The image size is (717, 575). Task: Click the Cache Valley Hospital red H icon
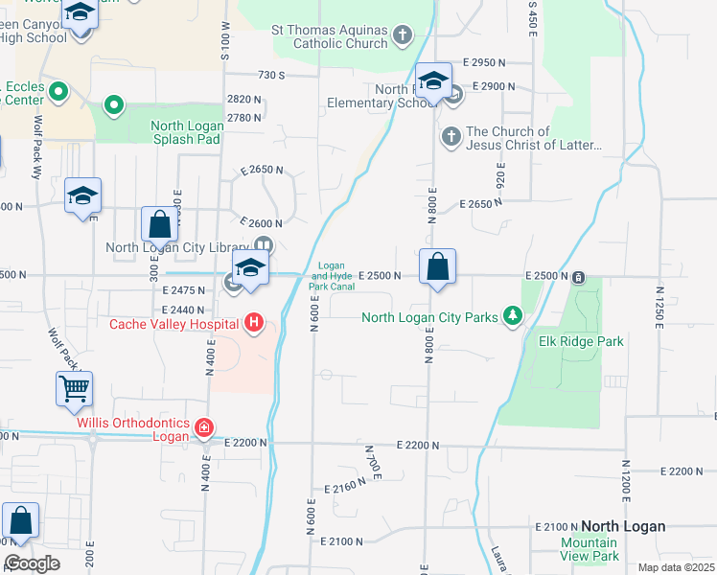253,324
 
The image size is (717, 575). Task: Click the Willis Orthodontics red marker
203,427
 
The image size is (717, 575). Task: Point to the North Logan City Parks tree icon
513,315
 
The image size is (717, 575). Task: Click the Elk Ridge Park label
581,341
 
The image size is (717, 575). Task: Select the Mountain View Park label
589,549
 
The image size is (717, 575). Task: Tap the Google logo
32,563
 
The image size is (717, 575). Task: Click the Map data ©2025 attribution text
676,567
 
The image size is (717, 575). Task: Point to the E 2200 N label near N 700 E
418,446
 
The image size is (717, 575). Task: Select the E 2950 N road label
482,62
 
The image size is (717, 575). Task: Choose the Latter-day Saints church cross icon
451,138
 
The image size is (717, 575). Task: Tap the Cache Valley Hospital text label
173,324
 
